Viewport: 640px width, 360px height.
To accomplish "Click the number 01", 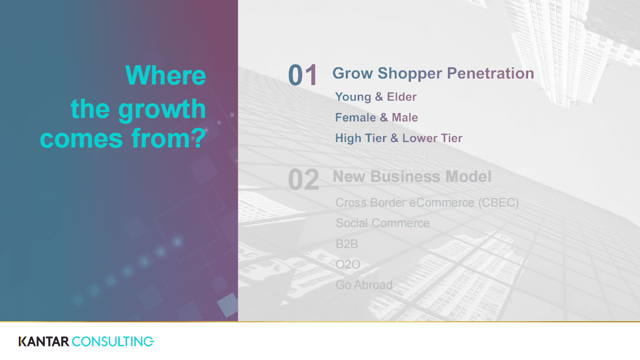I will coord(303,75).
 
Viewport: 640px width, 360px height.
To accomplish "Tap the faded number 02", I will coord(304,180).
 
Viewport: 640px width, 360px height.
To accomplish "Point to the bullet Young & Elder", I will coord(376,97).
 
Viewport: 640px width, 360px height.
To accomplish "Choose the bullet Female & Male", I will coord(376,117).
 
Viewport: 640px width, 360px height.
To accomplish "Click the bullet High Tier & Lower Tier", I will coord(399,138).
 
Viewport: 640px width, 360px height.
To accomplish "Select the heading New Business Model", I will coord(412,177).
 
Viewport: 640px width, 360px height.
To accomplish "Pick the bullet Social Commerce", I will coord(382,223).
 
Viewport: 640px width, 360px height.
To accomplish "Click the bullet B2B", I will coord(347,244).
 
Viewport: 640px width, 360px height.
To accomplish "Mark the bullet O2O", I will coord(348,265).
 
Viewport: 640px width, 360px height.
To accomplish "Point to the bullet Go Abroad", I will coord(364,285).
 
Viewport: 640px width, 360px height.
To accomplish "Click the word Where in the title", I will coord(166,75).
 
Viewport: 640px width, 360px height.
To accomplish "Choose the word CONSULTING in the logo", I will coord(113,341).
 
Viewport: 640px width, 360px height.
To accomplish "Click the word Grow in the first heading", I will coord(352,74).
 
